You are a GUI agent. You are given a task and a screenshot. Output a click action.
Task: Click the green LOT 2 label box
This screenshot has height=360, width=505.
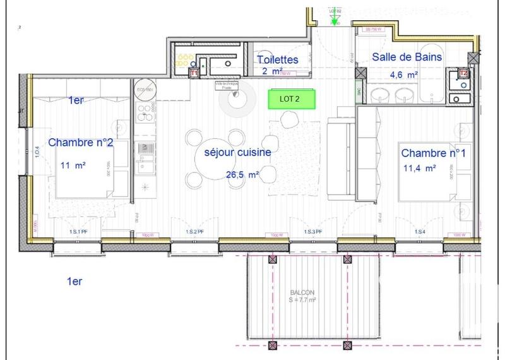pos(292,99)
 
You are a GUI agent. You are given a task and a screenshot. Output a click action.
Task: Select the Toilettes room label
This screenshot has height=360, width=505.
pos(277,59)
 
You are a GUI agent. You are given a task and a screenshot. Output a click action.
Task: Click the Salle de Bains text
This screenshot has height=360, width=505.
pos(406,57)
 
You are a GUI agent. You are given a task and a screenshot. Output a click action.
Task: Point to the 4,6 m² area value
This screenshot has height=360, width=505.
pos(403,75)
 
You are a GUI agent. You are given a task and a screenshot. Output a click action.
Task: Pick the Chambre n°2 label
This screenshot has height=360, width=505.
pos(81,143)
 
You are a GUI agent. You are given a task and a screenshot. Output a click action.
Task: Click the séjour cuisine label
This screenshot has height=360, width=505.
pos(234,152)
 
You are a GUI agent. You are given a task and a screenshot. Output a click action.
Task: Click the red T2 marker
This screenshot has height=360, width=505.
pos(463,73)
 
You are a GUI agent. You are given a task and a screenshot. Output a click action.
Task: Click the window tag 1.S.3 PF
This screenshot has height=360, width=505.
pos(313,232)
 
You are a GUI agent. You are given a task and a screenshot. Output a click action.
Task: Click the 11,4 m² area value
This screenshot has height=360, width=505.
pos(420,168)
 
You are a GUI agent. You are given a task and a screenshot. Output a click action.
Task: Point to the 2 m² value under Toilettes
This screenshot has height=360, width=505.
pos(271,71)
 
